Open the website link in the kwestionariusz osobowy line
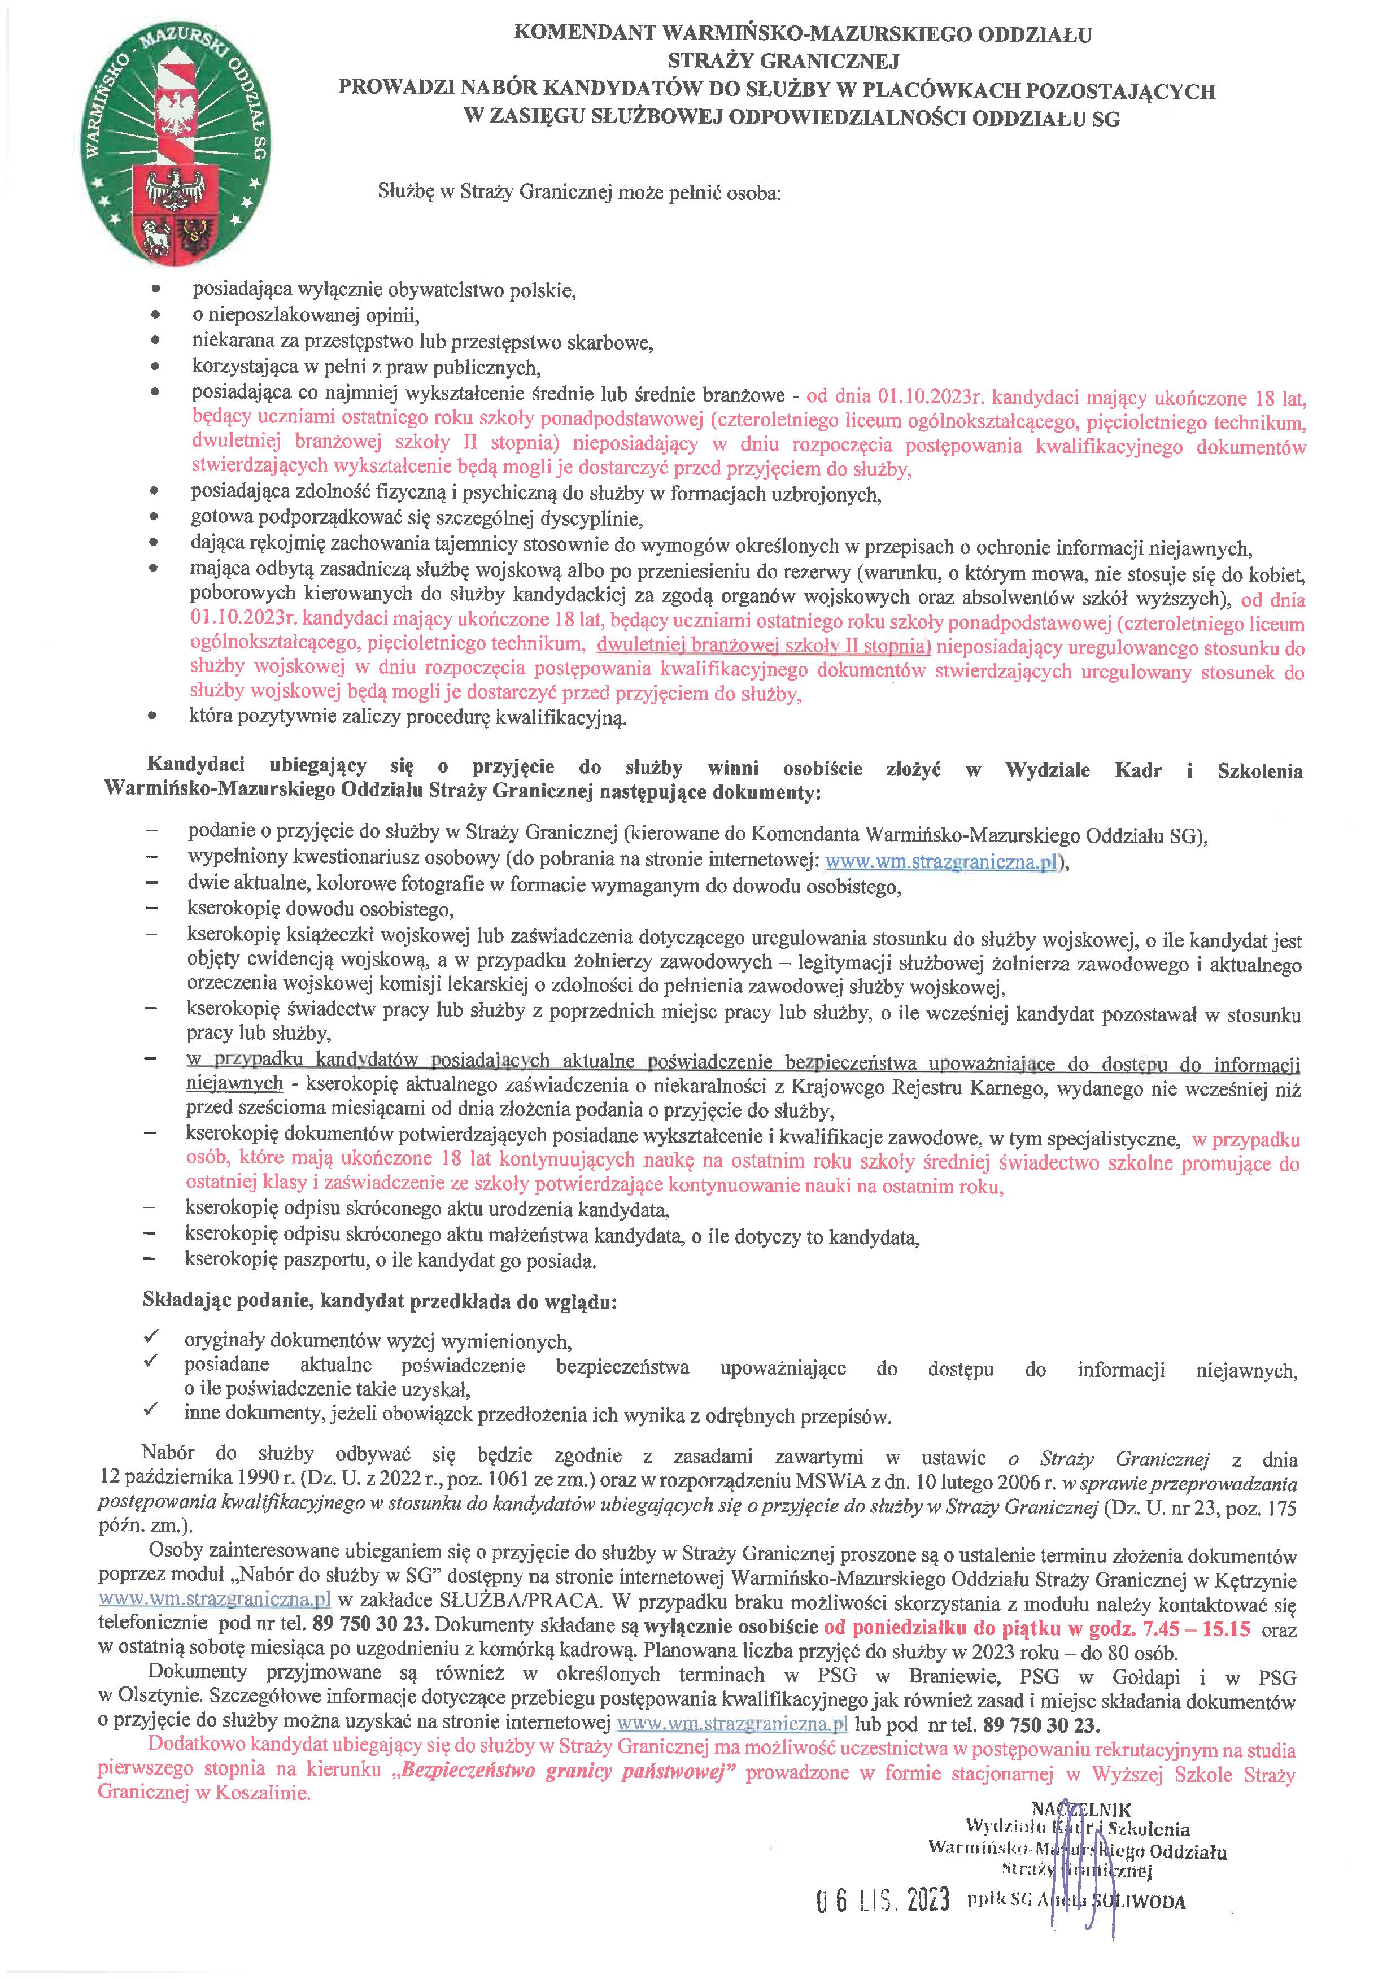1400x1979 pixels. click(941, 861)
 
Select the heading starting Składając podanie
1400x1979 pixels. click(380, 1301)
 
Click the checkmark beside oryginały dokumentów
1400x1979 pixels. click(152, 1337)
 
